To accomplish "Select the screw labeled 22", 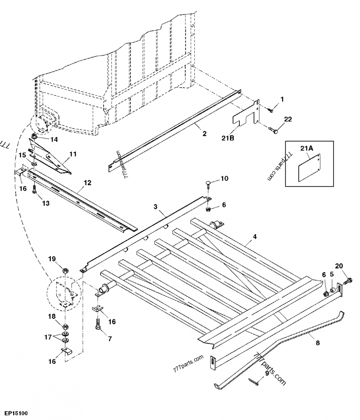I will point(274,130).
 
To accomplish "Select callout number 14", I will point(54,139).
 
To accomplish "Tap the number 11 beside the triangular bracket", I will point(72,154).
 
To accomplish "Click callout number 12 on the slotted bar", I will point(87,183).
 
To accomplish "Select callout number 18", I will point(52,317).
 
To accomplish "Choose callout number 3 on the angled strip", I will point(155,206).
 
